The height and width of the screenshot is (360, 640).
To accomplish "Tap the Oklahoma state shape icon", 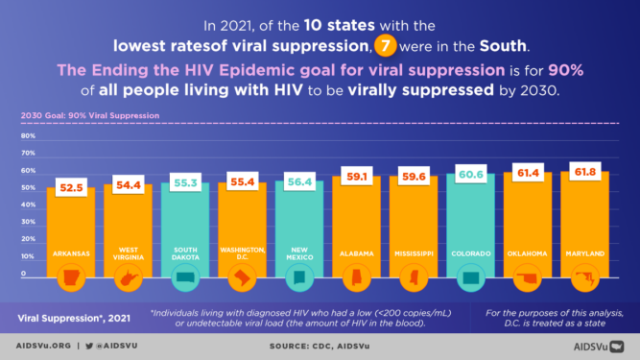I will coord(530,280).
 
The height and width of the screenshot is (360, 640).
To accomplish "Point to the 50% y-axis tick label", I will coord(29,188).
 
